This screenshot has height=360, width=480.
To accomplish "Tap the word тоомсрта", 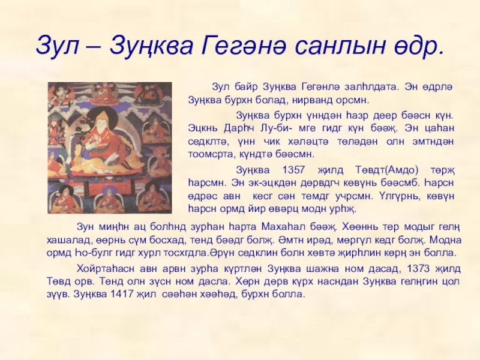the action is [208, 155].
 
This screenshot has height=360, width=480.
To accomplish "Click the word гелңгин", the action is [418, 281].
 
